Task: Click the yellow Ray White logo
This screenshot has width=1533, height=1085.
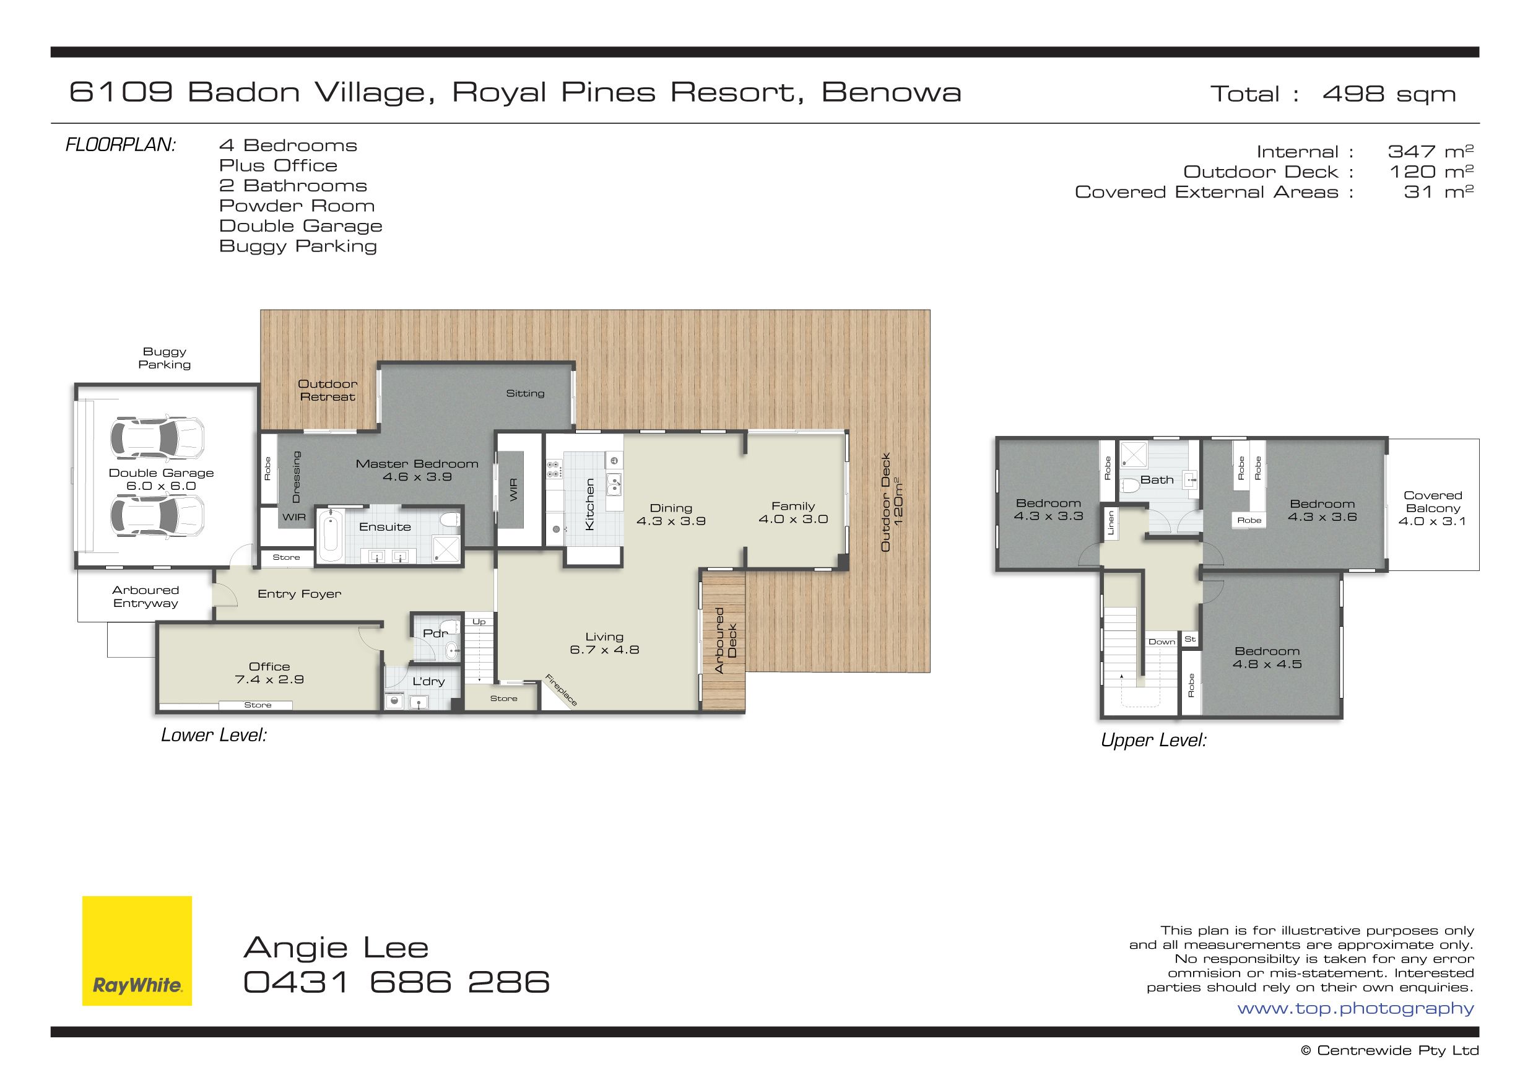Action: coord(137,950)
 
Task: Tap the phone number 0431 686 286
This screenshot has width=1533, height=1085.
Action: coord(397,982)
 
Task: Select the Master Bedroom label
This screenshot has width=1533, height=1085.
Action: coord(417,464)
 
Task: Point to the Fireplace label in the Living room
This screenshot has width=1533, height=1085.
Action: coord(561,690)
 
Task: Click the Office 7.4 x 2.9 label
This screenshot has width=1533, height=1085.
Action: coord(269,673)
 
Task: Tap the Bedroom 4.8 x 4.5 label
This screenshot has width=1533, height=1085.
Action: coord(1267,658)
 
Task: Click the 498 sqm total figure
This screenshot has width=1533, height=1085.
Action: coord(1389,94)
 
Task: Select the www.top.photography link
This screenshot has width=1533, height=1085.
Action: coord(1355,1009)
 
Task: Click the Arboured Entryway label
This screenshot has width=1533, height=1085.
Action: coord(145,596)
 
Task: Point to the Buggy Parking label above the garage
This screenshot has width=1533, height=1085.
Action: coord(164,358)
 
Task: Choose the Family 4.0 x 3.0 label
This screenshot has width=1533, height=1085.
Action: coord(794,512)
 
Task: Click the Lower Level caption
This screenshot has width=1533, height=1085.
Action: coord(214,736)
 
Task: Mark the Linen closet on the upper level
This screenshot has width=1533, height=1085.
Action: coord(1111,523)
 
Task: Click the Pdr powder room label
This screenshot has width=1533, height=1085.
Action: coord(435,633)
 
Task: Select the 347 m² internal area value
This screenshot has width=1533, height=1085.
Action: coord(1430,152)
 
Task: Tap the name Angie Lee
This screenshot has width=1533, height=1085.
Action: coord(336,948)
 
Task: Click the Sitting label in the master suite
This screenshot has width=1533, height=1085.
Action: coord(525,393)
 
